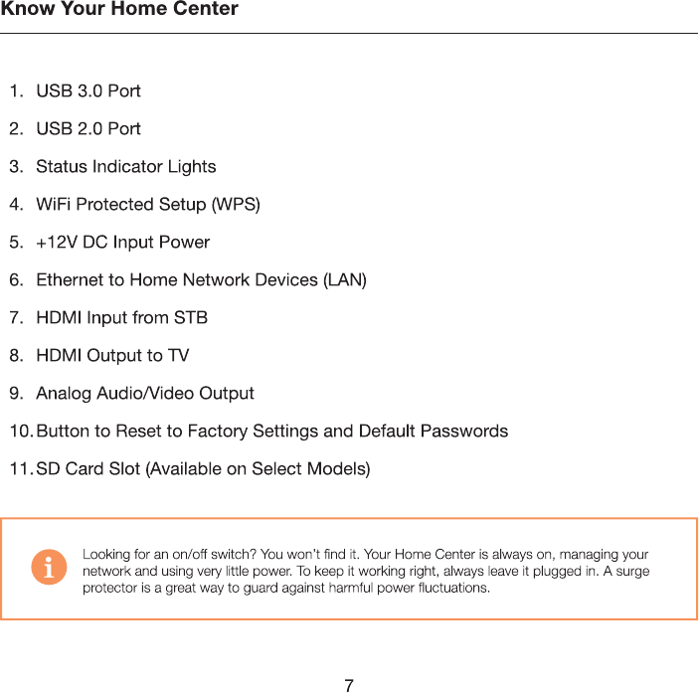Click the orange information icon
49,568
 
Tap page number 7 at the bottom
349,685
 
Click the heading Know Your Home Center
119,10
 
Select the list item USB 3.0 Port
88,91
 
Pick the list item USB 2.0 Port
88,129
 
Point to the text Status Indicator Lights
125,167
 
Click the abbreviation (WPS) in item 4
236,205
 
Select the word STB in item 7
191,318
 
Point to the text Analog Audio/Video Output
145,394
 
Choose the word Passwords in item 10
464,432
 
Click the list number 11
20,469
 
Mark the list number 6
16,280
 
